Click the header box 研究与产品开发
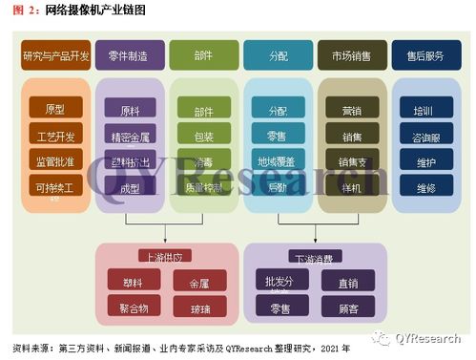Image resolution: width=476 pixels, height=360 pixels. coord(55,56)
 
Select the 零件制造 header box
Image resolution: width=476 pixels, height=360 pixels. coord(129,56)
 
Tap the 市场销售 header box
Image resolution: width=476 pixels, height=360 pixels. coord(352,56)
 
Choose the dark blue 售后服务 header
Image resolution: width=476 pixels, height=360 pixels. coord(425,56)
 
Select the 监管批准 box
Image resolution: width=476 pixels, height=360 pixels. coord(55,159)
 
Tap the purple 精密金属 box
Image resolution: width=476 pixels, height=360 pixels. coord(130,137)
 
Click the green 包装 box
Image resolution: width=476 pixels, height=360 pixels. coord(203,137)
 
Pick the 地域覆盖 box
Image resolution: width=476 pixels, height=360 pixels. coord(278,162)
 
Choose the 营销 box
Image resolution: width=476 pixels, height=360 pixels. coord(352,111)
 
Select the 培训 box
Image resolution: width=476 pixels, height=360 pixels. coord(425,111)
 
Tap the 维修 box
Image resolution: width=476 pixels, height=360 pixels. coord(425,188)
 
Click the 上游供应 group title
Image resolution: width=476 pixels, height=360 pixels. coord(166,257)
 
